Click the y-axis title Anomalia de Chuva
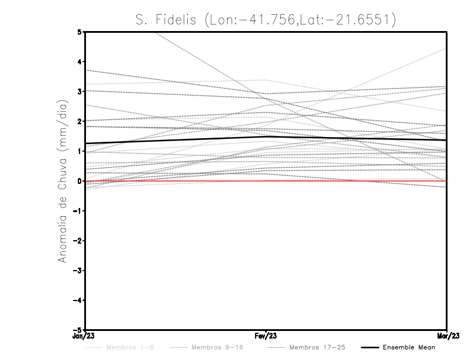tap(62, 181)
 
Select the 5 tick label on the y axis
tap(80, 32)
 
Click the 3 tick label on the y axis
tap(80, 91)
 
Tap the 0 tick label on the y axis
tap(80, 181)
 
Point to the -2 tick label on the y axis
tap(78, 241)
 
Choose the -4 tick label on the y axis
tap(78, 300)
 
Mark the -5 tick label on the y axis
tap(78, 330)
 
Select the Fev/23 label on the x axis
tap(266, 336)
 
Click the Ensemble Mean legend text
tap(409, 348)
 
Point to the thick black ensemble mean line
tap(175, 140)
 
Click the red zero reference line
tap(175, 181)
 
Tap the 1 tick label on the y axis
tap(80, 151)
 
